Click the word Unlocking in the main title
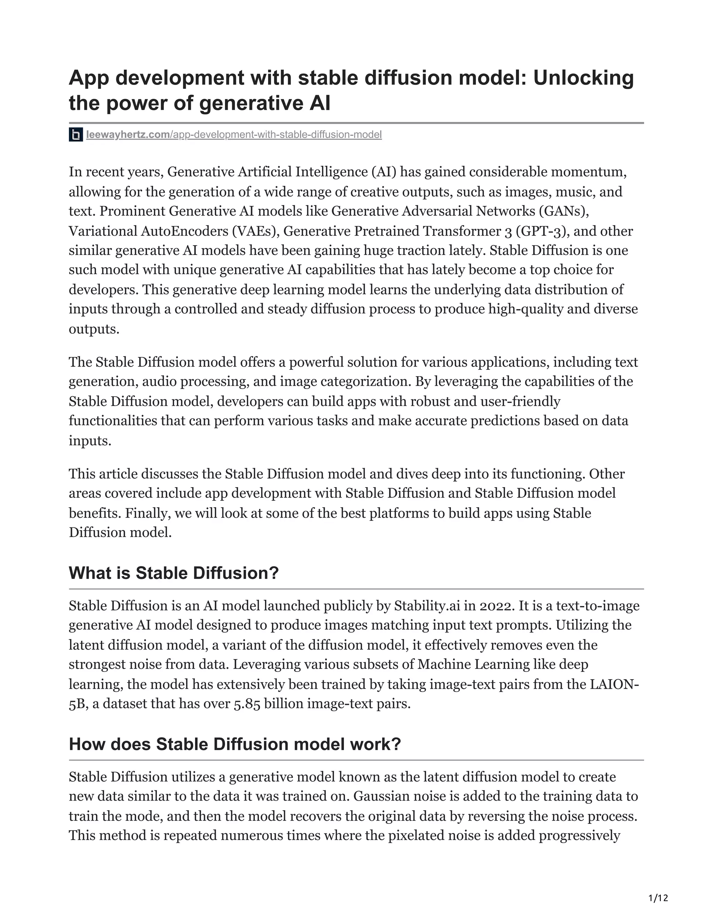[x=583, y=78]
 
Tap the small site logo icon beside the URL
[x=76, y=135]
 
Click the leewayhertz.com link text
[x=127, y=135]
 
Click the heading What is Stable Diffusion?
[x=174, y=573]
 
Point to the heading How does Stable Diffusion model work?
[x=234, y=744]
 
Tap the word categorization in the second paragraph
[x=366, y=382]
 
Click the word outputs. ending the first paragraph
[x=94, y=329]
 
